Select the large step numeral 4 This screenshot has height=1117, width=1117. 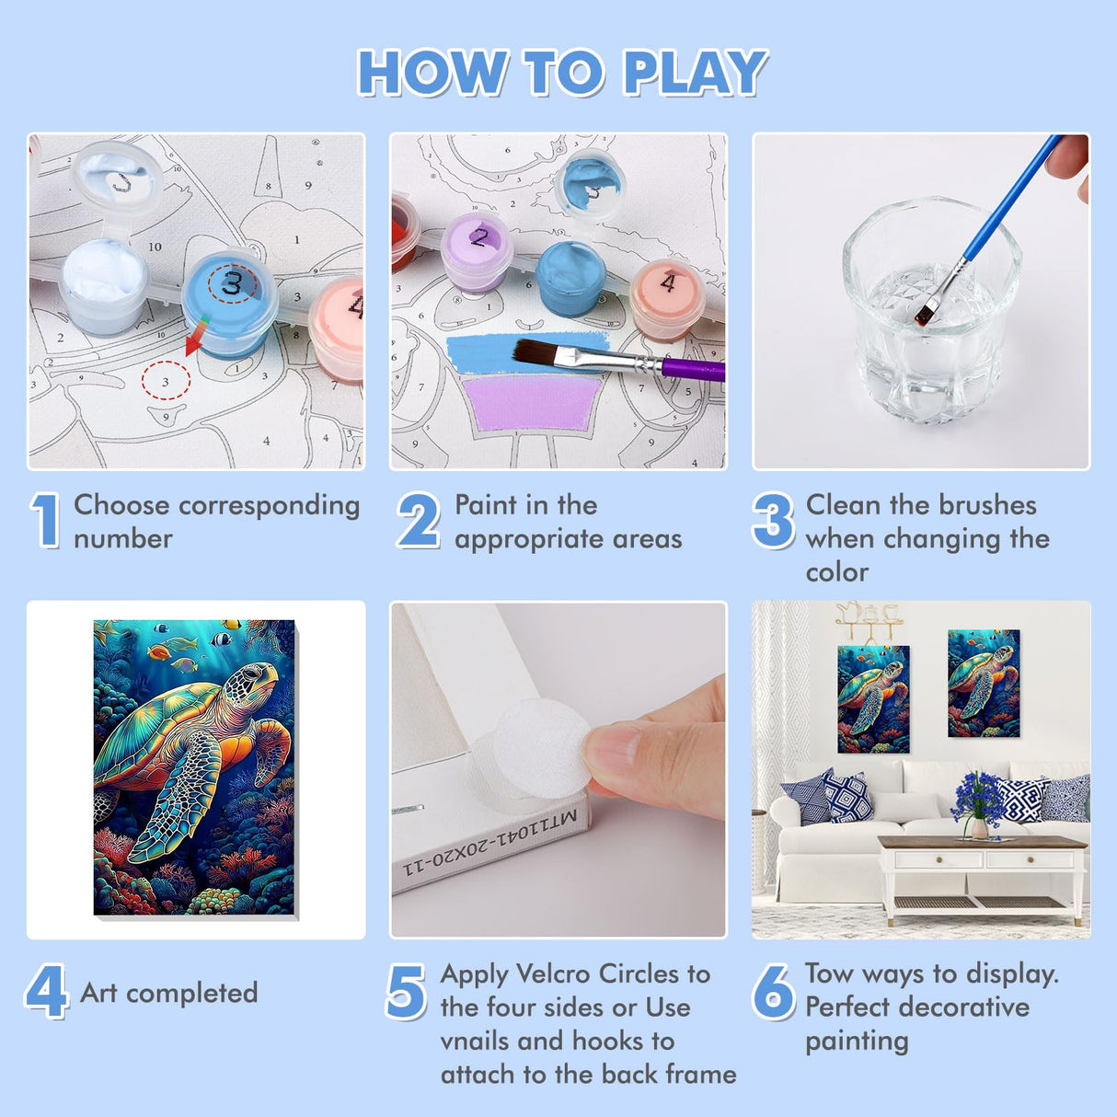46,991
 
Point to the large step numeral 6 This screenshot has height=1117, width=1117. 773,992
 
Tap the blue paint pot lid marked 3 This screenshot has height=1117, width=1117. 230,286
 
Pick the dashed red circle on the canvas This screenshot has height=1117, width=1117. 166,380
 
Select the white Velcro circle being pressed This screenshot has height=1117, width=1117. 538,743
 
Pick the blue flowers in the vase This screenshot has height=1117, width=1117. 979,794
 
